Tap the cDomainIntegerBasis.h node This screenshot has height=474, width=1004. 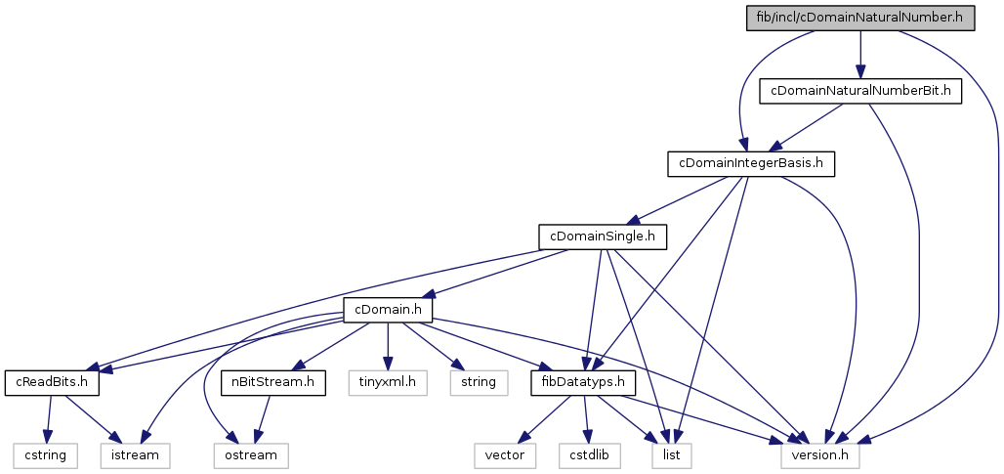(x=750, y=163)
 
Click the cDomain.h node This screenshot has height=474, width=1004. (x=388, y=310)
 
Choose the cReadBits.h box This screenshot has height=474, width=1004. (x=53, y=381)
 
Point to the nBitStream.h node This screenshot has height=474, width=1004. (x=272, y=381)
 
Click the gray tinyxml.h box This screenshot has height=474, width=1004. (x=388, y=381)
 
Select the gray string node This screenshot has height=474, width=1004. (x=478, y=381)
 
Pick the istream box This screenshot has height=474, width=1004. (x=135, y=454)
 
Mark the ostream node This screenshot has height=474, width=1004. (x=246, y=454)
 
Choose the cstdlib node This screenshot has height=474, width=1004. (x=590, y=454)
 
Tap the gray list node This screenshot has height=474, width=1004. (x=672, y=454)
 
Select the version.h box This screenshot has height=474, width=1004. (x=820, y=454)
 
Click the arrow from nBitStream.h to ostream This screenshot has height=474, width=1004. (x=261, y=418)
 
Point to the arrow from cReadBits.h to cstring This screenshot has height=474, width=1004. (x=47, y=418)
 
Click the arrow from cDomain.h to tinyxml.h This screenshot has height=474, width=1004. (x=388, y=346)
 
